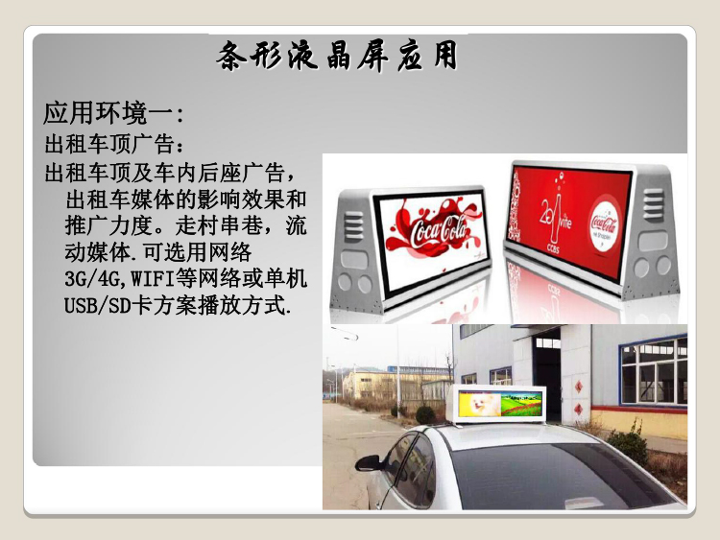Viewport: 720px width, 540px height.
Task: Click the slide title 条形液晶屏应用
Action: coord(338,56)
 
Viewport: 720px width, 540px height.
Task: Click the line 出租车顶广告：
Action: coord(115,145)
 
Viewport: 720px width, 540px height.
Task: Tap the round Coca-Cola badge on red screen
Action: coord(604,224)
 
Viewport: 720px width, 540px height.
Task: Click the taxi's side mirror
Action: coord(369,463)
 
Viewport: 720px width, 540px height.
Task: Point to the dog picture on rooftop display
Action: coord(478,405)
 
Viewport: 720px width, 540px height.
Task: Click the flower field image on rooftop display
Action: coord(520,405)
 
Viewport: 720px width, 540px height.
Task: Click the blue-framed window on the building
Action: coord(653,371)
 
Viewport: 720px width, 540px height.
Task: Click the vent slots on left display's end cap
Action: coord(353,227)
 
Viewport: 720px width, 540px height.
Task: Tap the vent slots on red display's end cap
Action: coord(653,202)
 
